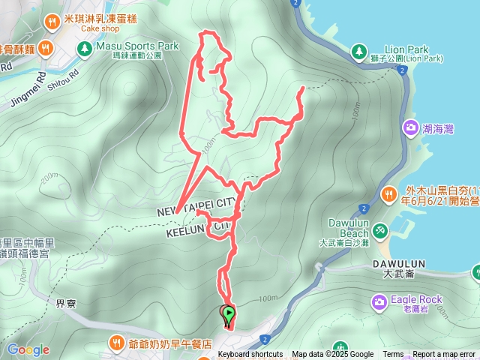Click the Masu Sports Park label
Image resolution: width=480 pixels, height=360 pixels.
tap(136, 46)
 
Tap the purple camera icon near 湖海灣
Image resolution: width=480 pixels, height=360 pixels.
tap(411, 127)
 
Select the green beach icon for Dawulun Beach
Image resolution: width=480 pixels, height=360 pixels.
tap(381, 228)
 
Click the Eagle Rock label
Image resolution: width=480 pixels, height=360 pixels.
tap(421, 299)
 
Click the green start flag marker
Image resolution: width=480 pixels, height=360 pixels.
tap(228, 315)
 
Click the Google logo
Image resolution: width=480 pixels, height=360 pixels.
tap(28, 349)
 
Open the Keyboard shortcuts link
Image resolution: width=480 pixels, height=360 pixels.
tap(250, 355)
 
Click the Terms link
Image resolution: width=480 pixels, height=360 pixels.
tap(393, 355)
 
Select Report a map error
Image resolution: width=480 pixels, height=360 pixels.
tap(445, 355)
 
